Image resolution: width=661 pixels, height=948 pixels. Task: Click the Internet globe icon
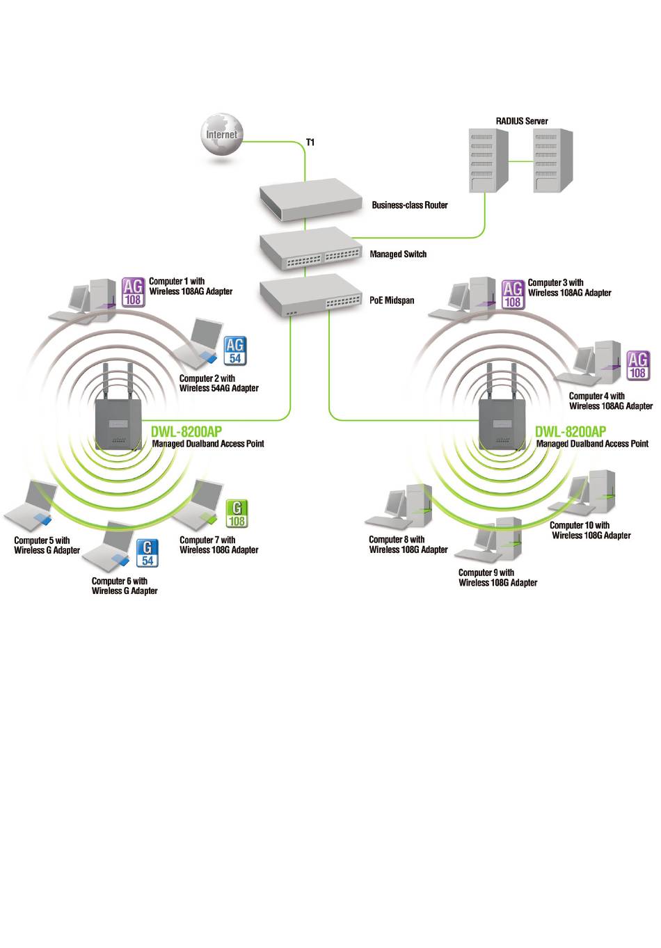coord(222,134)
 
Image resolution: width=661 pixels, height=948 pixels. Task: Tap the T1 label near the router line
coord(310,143)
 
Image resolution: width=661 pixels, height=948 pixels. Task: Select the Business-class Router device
coord(310,200)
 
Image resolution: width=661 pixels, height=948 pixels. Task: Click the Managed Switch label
coord(398,255)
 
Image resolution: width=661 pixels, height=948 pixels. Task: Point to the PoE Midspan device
coord(310,296)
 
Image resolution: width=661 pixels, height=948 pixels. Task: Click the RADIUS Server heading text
coord(522,121)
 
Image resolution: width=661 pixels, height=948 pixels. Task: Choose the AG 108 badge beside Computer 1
coord(134,292)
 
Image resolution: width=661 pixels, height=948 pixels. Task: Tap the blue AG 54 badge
coord(235,351)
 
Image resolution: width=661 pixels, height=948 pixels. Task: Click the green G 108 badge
coord(237,514)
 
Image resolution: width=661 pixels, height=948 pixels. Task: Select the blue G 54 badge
coord(148,553)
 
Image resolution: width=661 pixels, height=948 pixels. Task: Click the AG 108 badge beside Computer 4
coord(638,366)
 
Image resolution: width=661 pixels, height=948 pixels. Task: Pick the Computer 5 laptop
coord(31,506)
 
